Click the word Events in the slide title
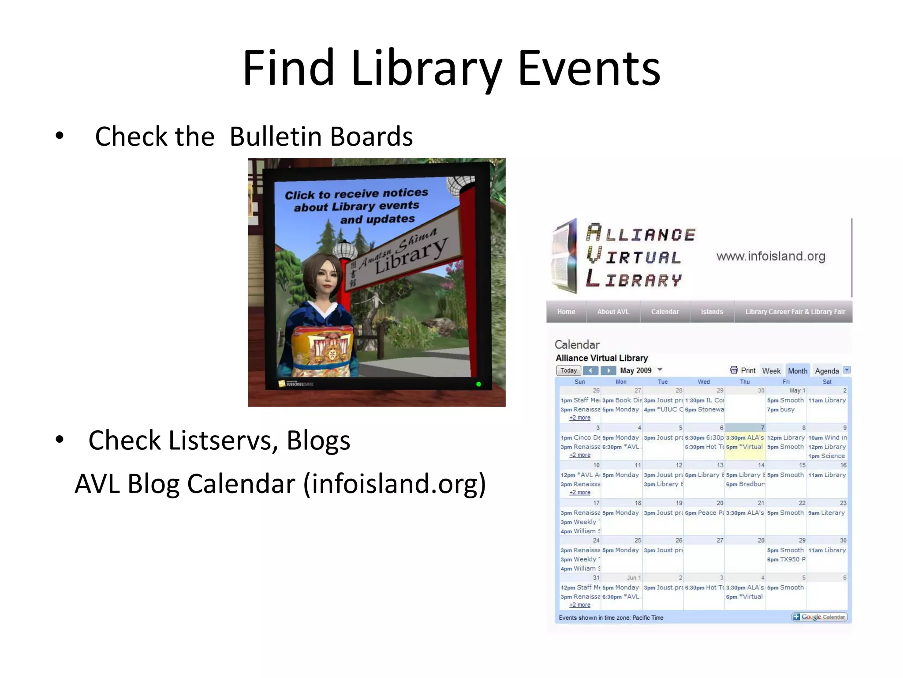[589, 68]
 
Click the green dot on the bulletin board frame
[478, 384]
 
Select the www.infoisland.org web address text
[771, 256]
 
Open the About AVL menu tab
[613, 312]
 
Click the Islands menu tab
[712, 312]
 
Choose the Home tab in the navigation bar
[566, 312]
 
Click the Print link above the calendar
[747, 371]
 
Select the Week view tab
[771, 371]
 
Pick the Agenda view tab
[827, 371]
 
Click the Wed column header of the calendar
[704, 382]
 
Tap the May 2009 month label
[635, 371]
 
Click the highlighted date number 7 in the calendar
[762, 428]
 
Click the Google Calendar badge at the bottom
[819, 617]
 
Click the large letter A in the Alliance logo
[593, 232]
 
